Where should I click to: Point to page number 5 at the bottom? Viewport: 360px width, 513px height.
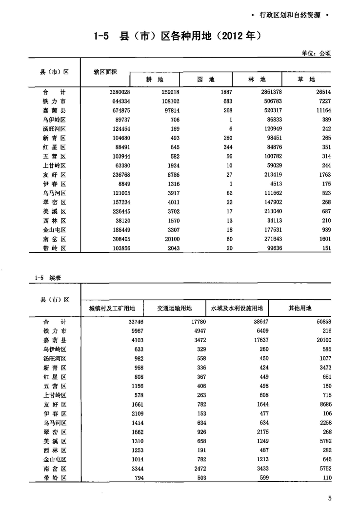click(329, 498)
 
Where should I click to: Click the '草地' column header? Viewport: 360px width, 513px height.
click(306, 80)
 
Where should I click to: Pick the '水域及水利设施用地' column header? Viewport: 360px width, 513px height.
click(237, 308)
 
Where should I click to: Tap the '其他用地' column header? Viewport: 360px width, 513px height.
click(300, 308)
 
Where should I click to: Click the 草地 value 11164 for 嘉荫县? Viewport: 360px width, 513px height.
click(321, 110)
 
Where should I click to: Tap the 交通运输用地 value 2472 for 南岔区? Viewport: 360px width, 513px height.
click(183, 469)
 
